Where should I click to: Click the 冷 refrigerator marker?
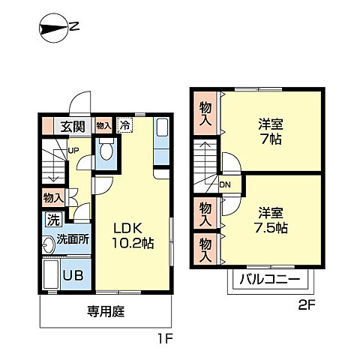click(x=124, y=127)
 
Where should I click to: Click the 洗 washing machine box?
click(x=53, y=220)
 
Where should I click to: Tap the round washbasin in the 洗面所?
click(x=49, y=241)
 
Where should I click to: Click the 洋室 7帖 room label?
click(x=268, y=133)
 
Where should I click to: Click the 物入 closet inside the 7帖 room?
click(x=205, y=114)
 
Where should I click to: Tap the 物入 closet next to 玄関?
click(x=103, y=127)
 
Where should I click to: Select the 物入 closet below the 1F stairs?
click(x=53, y=197)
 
